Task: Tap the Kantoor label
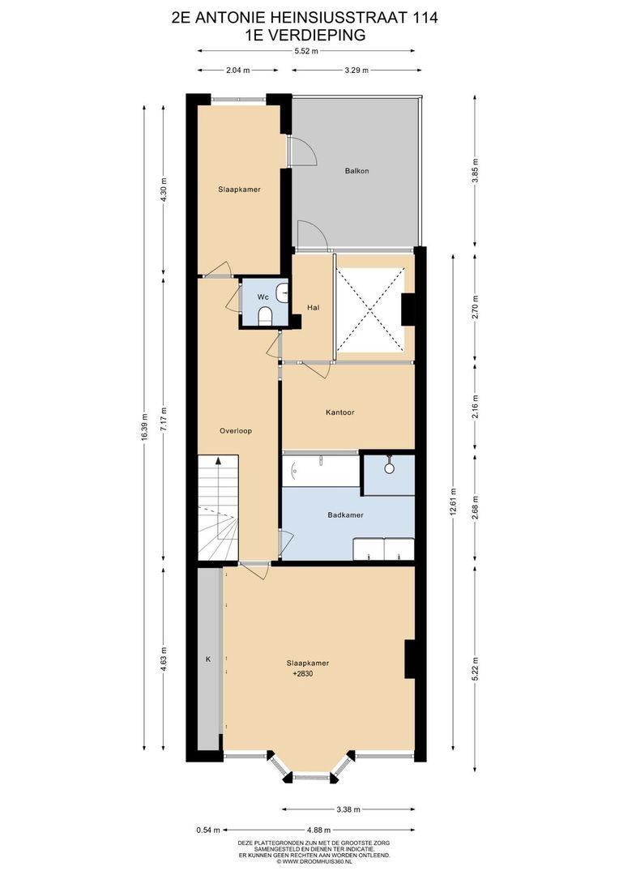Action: tap(339, 412)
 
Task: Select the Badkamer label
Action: tap(345, 514)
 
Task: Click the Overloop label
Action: tap(237, 431)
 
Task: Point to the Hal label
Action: tap(314, 307)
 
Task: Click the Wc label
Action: tap(263, 297)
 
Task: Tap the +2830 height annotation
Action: tap(302, 672)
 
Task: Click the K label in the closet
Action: tap(208, 660)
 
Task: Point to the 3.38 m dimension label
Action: tap(348, 809)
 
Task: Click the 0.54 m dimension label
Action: tap(203, 830)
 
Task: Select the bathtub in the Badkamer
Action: tap(320, 470)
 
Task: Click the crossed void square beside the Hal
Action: tap(369, 309)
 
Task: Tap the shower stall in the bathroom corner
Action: tap(389, 473)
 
